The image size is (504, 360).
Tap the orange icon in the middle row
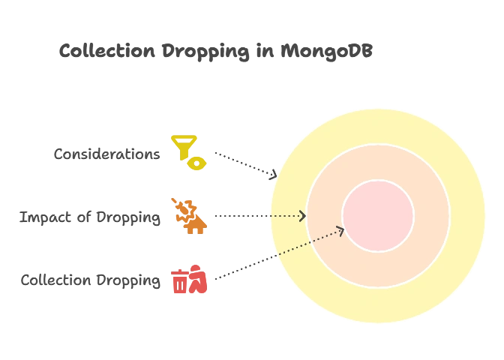point(189,216)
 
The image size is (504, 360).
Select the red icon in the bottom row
point(190,279)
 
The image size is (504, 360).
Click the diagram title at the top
point(216,52)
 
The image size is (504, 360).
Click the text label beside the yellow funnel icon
point(107,154)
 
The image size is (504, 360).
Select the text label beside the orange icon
point(89,218)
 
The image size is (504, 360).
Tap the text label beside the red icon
point(89,281)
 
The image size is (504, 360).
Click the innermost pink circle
point(378,215)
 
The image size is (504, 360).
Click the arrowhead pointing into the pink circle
point(341,229)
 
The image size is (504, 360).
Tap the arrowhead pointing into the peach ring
point(302,216)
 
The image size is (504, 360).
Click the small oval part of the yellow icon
point(196,162)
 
